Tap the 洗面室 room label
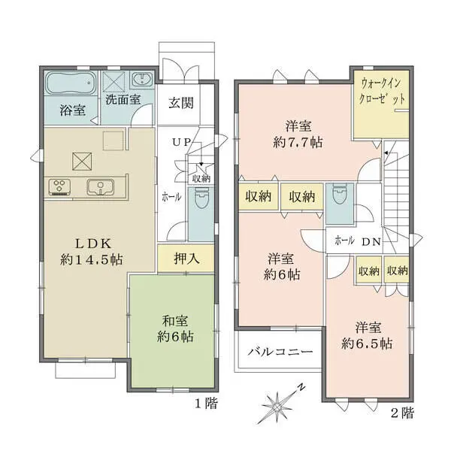(x=123, y=99)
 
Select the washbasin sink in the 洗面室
(x=141, y=80)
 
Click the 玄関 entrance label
(x=180, y=103)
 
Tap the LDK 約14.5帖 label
(x=92, y=251)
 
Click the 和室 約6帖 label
(x=174, y=328)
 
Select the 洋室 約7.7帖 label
(x=298, y=133)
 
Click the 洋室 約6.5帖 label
(x=366, y=336)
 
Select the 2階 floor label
(x=401, y=412)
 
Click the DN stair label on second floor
(x=371, y=241)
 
